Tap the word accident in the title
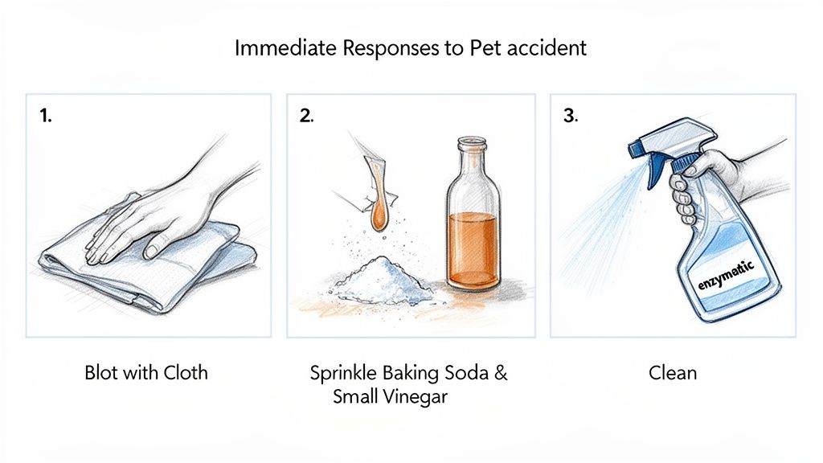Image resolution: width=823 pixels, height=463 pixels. [543, 48]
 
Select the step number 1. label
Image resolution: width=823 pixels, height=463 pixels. [46, 115]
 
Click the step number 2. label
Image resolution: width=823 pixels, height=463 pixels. [306, 115]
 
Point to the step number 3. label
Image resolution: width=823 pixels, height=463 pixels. [570, 115]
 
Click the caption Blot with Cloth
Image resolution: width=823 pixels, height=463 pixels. [145, 373]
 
